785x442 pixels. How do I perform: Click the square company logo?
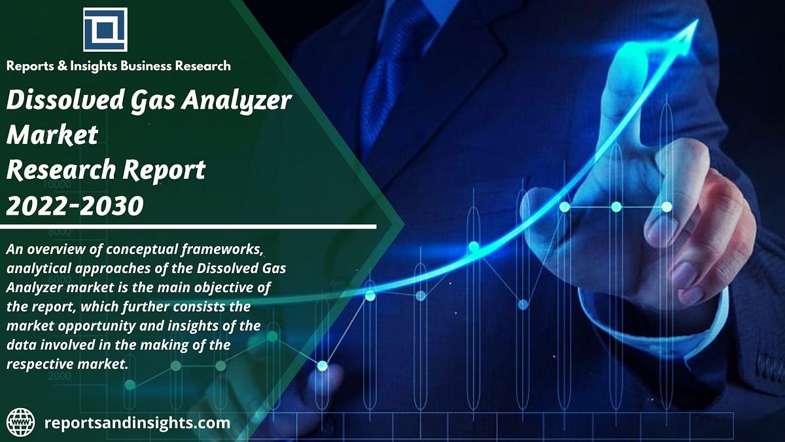105,29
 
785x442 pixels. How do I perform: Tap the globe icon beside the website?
21,422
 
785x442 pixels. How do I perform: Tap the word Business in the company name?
157,65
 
